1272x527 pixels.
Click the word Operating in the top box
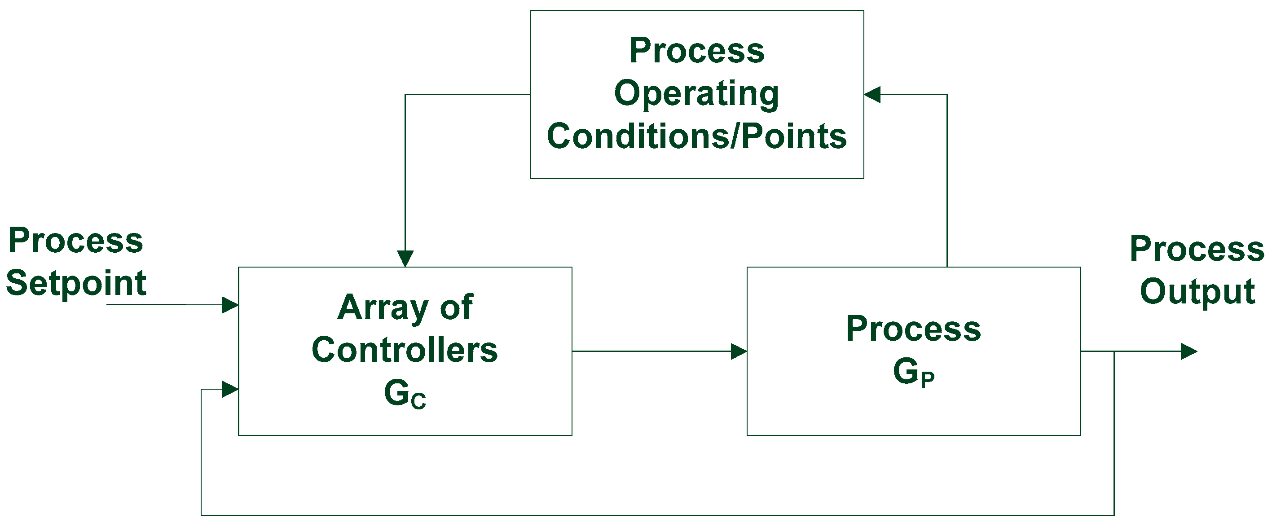(x=696, y=94)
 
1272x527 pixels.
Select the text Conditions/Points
(x=696, y=136)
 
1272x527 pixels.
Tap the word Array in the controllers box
(x=382, y=307)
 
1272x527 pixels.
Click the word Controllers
(x=405, y=350)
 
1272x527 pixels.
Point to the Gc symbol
(x=405, y=394)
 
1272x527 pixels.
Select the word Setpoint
(x=76, y=284)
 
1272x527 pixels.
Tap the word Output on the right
(x=1197, y=291)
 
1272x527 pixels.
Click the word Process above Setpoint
(x=75, y=241)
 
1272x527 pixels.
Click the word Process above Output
(x=1197, y=249)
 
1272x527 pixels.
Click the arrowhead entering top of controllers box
(x=405, y=258)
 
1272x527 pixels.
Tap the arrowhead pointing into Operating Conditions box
(x=872, y=94)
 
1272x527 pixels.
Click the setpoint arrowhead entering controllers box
(x=230, y=305)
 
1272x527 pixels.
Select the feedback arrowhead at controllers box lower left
(x=230, y=389)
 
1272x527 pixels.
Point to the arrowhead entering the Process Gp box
(x=738, y=351)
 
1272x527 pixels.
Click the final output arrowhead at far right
(x=1188, y=351)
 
